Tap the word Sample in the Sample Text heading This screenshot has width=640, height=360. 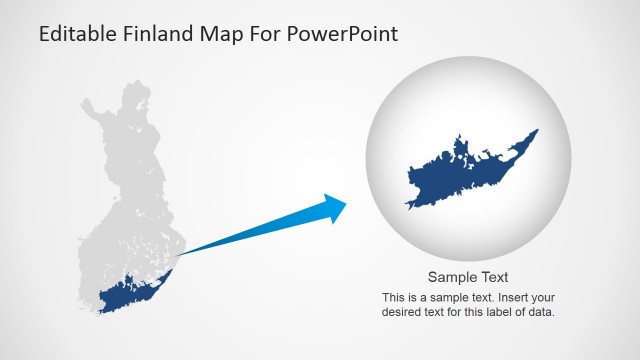coord(451,278)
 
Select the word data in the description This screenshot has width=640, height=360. coord(539,312)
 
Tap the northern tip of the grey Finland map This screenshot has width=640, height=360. coord(131,89)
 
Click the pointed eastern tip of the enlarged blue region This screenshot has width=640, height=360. coord(536,131)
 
